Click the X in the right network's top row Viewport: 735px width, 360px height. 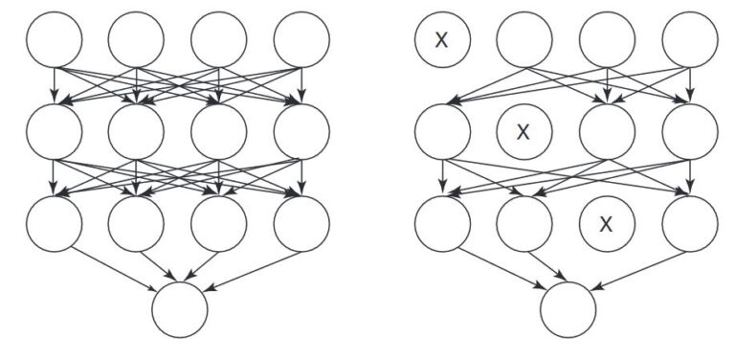[441, 39]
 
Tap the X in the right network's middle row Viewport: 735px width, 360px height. [523, 132]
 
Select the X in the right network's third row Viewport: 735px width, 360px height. [605, 224]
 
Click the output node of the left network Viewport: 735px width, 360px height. [180, 309]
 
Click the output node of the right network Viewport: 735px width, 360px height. [568, 309]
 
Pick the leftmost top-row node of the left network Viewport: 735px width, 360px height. [55, 40]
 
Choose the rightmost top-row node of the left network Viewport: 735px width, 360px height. [301, 40]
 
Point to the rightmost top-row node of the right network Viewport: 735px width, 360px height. [689, 40]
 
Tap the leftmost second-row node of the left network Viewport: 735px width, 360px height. [55, 132]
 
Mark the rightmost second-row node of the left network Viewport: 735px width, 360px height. [301, 132]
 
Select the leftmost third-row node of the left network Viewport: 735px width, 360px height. [55, 224]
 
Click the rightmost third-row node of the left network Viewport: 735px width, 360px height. [301, 224]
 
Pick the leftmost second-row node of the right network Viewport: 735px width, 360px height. [442, 132]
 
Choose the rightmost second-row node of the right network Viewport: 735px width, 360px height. [689, 132]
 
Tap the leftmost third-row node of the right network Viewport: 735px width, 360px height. [442, 224]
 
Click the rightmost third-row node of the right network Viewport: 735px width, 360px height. [689, 224]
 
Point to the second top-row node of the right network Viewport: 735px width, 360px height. [523, 40]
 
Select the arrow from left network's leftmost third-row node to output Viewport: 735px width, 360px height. [115, 267]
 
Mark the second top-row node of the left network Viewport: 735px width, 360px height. [137, 40]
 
